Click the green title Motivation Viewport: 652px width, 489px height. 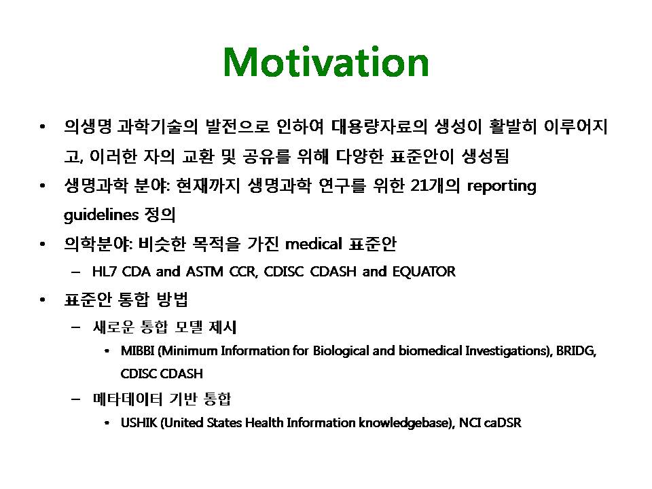click(326, 62)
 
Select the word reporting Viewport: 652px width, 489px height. click(501, 186)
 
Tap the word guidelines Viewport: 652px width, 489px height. click(101, 215)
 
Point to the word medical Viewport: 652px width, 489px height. click(314, 244)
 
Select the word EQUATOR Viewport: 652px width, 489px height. click(424, 272)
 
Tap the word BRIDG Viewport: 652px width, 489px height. click(577, 351)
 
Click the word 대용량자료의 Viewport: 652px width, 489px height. click(379, 126)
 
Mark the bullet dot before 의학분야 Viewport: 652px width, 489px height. click(42, 244)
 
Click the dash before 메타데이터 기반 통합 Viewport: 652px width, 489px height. click(75, 399)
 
